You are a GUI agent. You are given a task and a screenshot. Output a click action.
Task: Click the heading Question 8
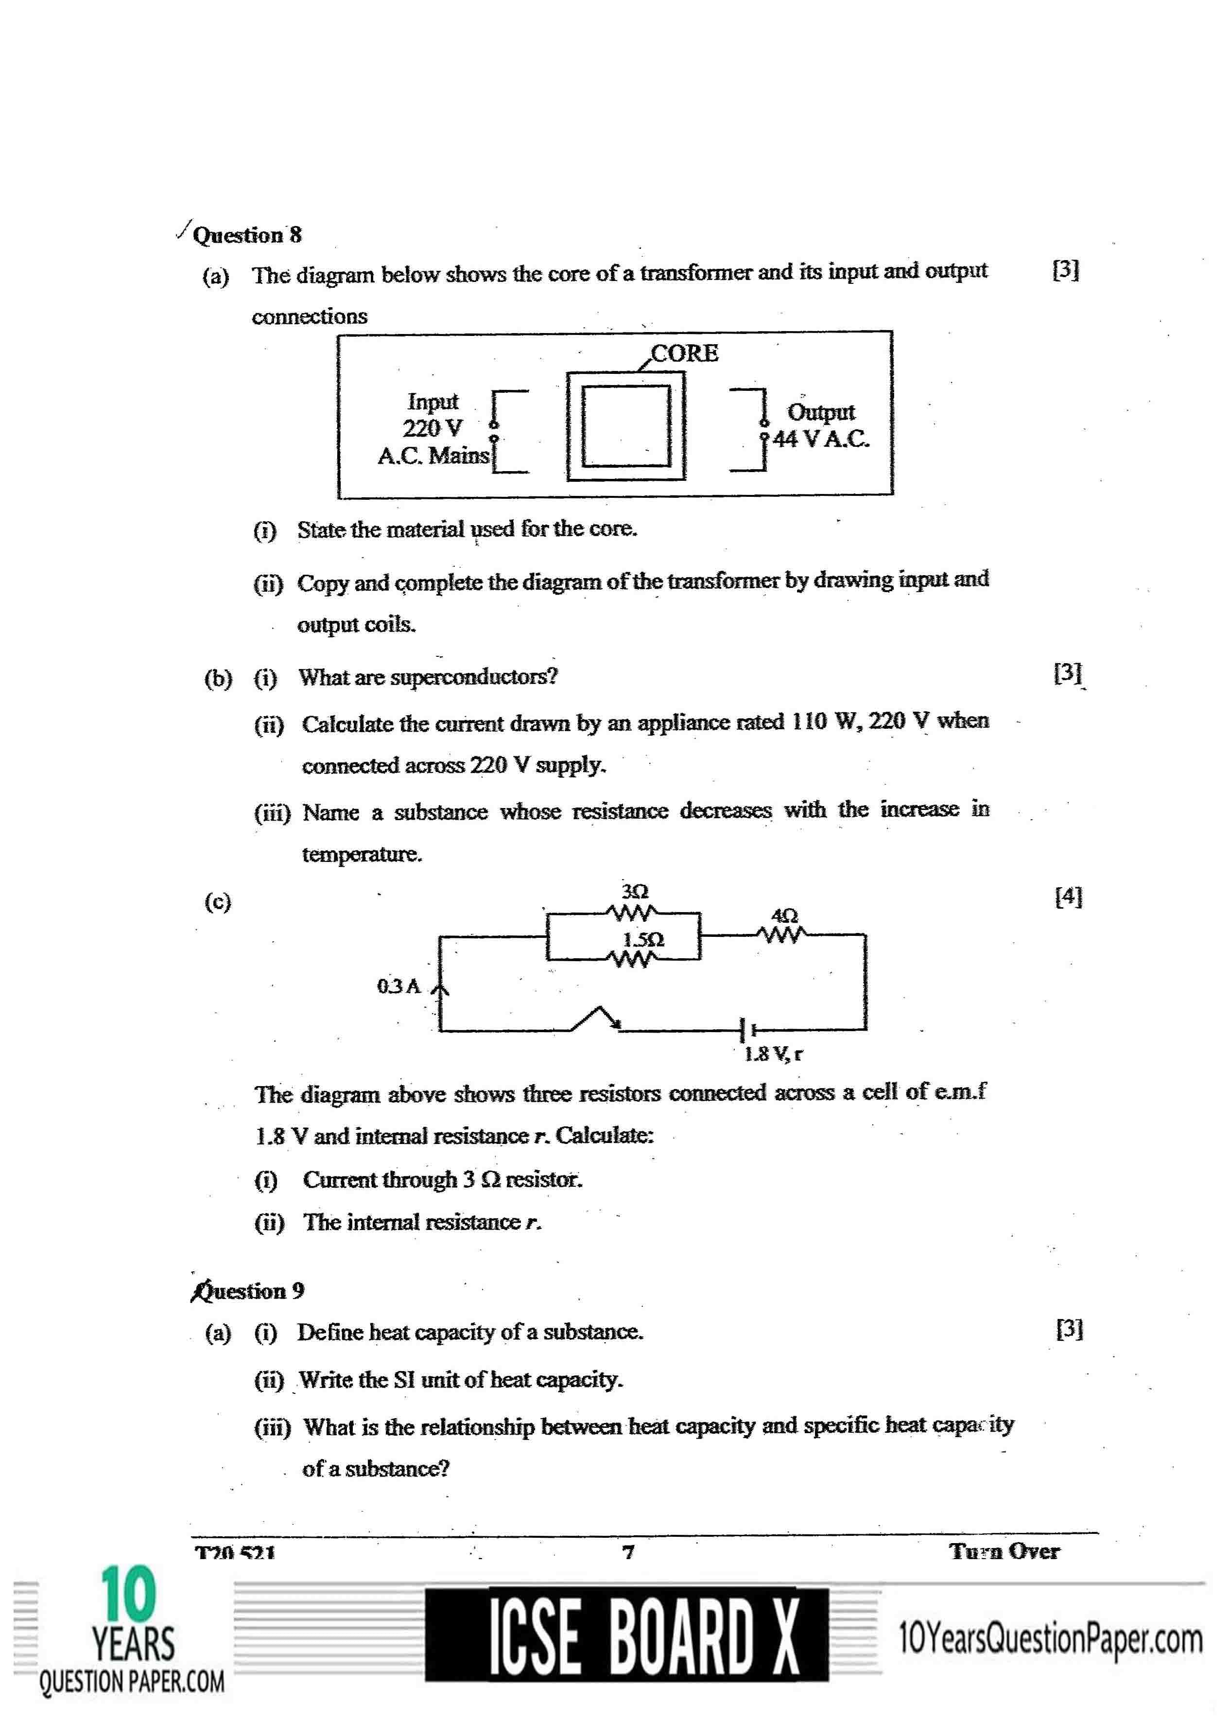pyautogui.click(x=247, y=235)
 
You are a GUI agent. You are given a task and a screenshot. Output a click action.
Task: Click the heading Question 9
pyautogui.click(x=249, y=1291)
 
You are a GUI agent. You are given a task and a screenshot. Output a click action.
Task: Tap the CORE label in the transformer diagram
pyautogui.click(x=684, y=353)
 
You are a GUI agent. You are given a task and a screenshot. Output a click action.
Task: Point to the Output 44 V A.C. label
pyautogui.click(x=821, y=425)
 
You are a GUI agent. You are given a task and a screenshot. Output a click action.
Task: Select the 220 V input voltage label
pyautogui.click(x=432, y=428)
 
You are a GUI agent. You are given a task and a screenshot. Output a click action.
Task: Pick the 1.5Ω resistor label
pyautogui.click(x=643, y=939)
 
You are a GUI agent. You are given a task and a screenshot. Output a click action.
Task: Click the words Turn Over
pyautogui.click(x=1004, y=1551)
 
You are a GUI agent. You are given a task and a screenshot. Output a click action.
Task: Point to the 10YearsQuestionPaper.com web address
pyautogui.click(x=1050, y=1639)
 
